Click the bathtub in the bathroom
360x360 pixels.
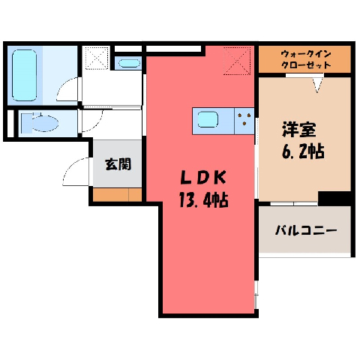click(24, 75)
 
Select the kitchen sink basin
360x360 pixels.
click(208, 119)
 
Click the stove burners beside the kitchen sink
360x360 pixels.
click(244, 118)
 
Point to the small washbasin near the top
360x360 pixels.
click(129, 63)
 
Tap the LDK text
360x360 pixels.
click(203, 178)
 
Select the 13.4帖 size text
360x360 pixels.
click(203, 200)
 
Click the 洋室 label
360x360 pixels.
click(298, 129)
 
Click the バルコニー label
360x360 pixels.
click(306, 229)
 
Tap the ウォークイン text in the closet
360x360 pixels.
click(306, 54)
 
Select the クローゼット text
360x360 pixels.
click(306, 65)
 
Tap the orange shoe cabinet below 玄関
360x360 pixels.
click(117, 194)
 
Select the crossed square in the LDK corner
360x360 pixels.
click(237, 61)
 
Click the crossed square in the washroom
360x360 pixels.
click(97, 58)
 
